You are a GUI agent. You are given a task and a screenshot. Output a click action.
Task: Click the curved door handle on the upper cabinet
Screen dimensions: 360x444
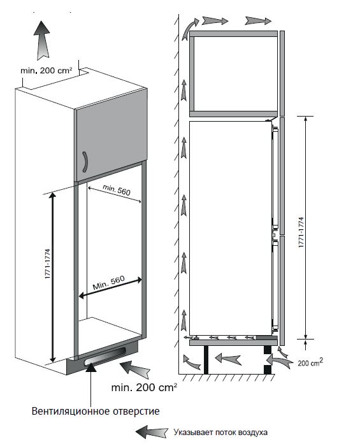85,162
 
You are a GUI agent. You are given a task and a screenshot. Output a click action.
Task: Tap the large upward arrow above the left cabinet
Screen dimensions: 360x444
42,40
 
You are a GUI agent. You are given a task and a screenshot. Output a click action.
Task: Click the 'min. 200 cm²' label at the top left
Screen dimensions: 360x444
46,71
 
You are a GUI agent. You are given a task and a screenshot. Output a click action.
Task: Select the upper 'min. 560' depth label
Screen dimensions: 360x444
117,190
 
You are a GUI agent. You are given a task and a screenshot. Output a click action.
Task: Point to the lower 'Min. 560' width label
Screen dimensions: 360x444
109,283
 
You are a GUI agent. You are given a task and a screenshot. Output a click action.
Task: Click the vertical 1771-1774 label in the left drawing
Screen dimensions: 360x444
47,264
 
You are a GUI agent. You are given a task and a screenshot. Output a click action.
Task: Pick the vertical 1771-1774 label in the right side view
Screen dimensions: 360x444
301,233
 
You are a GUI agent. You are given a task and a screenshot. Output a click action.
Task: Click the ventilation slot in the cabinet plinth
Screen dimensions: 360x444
105,357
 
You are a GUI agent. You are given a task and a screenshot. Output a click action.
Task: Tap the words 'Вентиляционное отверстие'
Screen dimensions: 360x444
96,411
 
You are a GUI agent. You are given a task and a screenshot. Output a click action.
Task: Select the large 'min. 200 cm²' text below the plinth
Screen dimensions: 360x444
144,387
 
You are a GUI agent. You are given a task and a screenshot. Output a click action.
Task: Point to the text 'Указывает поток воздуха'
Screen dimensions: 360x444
220,433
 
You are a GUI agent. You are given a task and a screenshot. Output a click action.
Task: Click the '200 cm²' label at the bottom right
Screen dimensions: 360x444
310,362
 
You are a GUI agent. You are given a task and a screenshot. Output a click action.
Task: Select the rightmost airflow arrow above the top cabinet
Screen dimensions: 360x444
258,20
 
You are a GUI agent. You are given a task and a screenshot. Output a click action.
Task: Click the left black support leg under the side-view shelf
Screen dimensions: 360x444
206,360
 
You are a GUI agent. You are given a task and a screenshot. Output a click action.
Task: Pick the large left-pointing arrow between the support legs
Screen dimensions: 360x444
228,359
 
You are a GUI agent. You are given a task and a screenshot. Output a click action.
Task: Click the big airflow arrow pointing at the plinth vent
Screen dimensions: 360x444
135,369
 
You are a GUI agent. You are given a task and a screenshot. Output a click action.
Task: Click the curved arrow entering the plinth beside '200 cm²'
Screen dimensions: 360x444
278,361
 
